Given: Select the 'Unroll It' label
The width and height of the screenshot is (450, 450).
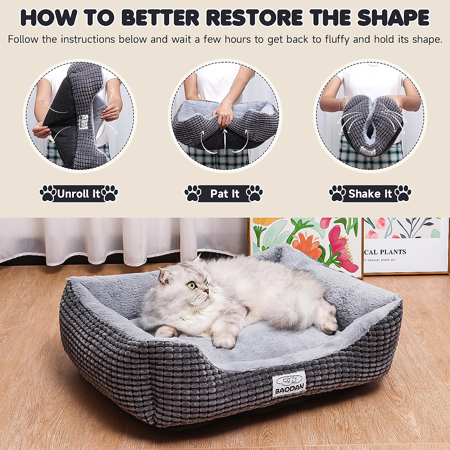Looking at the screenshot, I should [x=79, y=194].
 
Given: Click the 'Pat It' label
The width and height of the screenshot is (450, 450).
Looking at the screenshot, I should [x=224, y=194].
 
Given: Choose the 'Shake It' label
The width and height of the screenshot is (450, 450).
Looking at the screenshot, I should [x=370, y=194].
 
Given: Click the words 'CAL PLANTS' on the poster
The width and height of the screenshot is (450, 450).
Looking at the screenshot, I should [x=385, y=252].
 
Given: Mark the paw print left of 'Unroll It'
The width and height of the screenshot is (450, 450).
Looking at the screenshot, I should [x=48, y=193].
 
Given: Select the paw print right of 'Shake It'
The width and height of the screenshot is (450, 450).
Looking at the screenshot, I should [x=403, y=193].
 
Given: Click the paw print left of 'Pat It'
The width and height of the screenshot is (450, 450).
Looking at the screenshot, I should [x=193, y=193].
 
